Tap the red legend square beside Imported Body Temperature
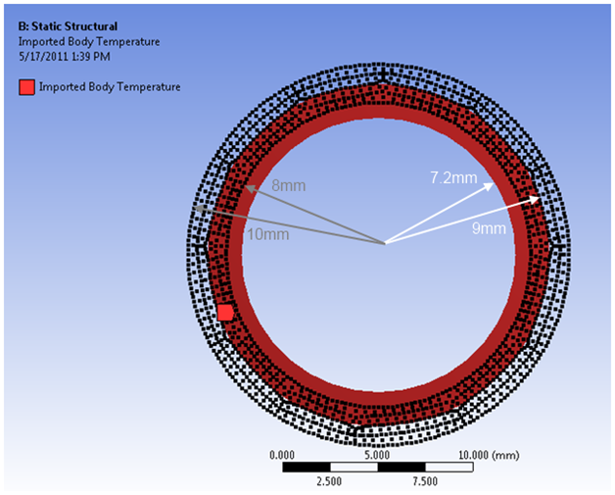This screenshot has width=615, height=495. tap(26, 87)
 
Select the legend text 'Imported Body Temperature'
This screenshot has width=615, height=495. tap(110, 87)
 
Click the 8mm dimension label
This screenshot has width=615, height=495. tap(285, 185)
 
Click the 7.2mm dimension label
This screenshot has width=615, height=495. tap(452, 177)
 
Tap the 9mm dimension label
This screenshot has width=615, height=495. tap(488, 228)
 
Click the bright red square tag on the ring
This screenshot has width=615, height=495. tap(225, 313)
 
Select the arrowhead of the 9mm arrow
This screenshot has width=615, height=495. tap(539, 198)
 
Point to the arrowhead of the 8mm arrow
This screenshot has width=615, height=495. tap(248, 185)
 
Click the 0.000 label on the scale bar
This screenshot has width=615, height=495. tap(281, 455)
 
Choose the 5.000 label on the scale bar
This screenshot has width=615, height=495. tap(377, 455)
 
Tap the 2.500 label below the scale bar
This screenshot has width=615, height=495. tap(329, 481)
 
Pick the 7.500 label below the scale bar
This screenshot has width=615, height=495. tap(425, 481)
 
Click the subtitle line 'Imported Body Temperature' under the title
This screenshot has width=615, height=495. tap(89, 41)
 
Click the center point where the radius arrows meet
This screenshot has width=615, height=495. tap(384, 242)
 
